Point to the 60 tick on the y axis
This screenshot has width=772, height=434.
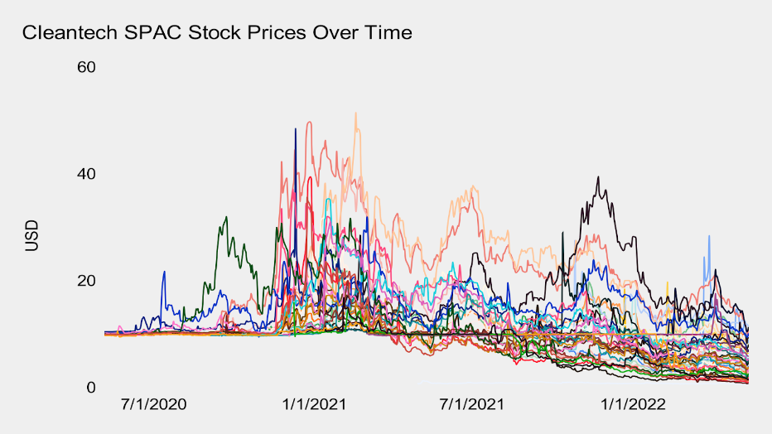click(87, 66)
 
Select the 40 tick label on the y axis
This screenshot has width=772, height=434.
click(87, 174)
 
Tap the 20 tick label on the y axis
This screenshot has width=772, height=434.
click(87, 281)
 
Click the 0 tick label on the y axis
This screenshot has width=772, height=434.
click(92, 388)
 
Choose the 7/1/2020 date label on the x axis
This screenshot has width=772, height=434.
click(153, 406)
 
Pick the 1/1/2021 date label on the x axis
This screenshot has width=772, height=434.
click(316, 406)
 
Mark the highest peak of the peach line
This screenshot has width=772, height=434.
click(355, 113)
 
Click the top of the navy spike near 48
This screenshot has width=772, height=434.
click(295, 128)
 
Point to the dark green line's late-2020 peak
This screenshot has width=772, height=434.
click(225, 217)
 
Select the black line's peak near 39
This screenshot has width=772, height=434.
click(598, 176)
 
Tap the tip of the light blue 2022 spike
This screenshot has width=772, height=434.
click(709, 236)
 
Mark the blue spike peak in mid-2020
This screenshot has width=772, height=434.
click(164, 272)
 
